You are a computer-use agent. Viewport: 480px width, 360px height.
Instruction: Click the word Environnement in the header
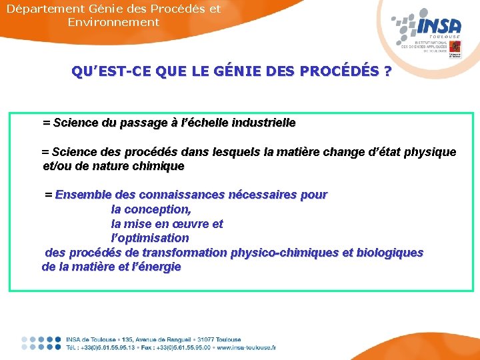(113, 22)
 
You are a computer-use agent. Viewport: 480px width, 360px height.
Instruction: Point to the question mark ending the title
(387, 71)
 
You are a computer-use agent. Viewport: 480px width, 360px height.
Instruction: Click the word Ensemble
(83, 195)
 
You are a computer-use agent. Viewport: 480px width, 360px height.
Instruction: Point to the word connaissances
(181, 195)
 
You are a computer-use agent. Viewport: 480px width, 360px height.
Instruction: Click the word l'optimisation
(150, 238)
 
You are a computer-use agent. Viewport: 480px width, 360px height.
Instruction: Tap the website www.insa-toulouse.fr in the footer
(247, 347)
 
